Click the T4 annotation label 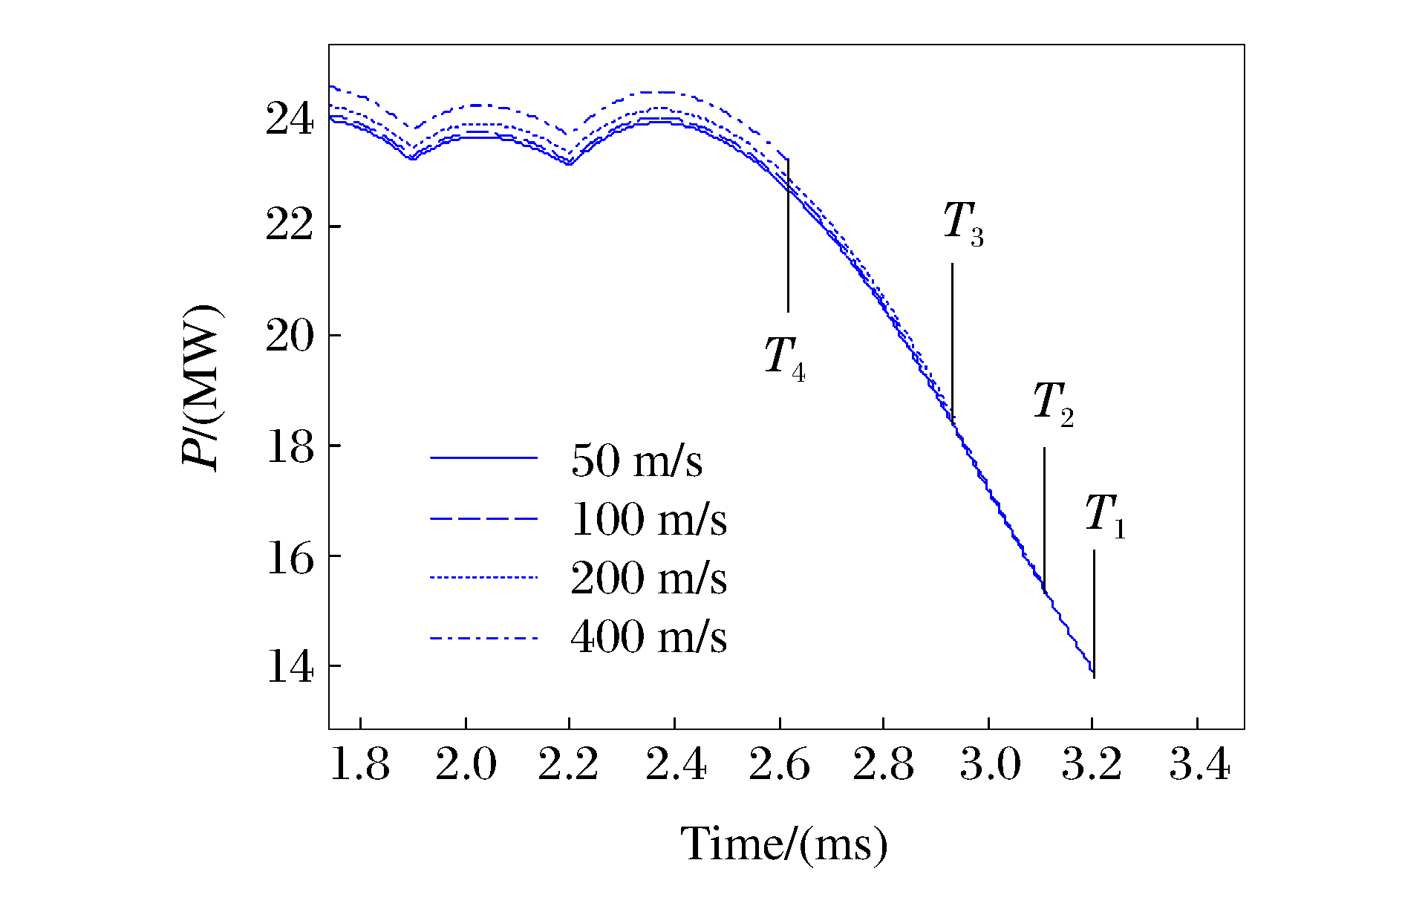785,358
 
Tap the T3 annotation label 963,223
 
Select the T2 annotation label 1053,404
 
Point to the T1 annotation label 1105,515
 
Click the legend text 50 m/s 636,460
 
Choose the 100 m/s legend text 648,519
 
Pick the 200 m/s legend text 648,579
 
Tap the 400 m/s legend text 648,637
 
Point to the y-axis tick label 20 290,336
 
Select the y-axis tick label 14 290,666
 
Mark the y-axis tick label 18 290,446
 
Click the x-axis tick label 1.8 359,765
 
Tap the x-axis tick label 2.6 779,765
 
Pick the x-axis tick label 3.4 1199,765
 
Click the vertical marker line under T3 952,342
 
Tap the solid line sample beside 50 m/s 483,458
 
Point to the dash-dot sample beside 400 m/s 483,638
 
